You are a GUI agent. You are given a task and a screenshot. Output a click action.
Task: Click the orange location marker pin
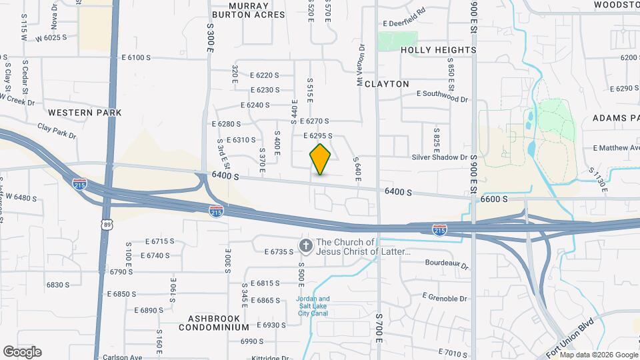[x=321, y=159]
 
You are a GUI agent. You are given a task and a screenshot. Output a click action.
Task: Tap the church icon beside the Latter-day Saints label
[x=306, y=247]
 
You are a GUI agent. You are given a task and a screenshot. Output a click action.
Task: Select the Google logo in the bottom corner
[x=22, y=352]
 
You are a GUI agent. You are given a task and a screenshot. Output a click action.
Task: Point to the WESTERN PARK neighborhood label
[x=85, y=113]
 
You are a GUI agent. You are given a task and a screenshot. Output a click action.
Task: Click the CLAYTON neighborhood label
[x=387, y=84]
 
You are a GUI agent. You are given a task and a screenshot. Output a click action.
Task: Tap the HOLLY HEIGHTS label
[x=439, y=50]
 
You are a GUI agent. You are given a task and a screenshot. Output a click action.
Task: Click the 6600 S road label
[x=495, y=199]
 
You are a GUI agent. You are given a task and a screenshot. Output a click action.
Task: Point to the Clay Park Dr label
[x=57, y=130]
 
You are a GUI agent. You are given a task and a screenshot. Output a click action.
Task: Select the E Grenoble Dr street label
[x=445, y=297]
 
